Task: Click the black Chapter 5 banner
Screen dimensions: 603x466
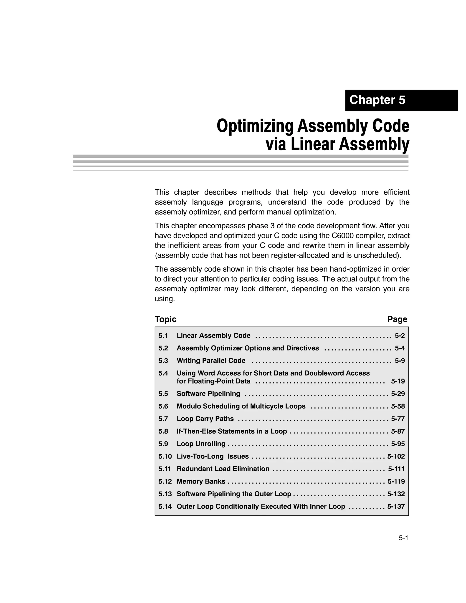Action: [x=401, y=100]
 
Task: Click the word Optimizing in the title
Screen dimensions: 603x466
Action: [x=255, y=126]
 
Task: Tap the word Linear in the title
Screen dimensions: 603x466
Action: [x=312, y=145]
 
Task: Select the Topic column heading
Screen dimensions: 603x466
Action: [x=165, y=319]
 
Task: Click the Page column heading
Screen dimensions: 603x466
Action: [x=397, y=319]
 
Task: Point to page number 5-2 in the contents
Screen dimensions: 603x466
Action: [x=399, y=336]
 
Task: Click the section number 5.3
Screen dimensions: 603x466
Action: [x=163, y=361]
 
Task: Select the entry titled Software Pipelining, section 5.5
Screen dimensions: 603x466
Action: [x=208, y=394]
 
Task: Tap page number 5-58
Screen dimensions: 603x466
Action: [x=398, y=406]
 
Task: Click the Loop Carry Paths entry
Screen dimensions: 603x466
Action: [x=205, y=419]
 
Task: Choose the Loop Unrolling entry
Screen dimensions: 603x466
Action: [x=201, y=444]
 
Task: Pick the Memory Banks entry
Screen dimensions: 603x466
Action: [x=201, y=481]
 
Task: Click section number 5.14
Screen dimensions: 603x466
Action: [x=165, y=506]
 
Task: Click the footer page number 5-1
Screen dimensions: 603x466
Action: [x=403, y=538]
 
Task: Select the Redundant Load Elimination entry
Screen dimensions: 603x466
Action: [x=223, y=469]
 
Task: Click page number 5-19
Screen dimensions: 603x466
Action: [x=398, y=381]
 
